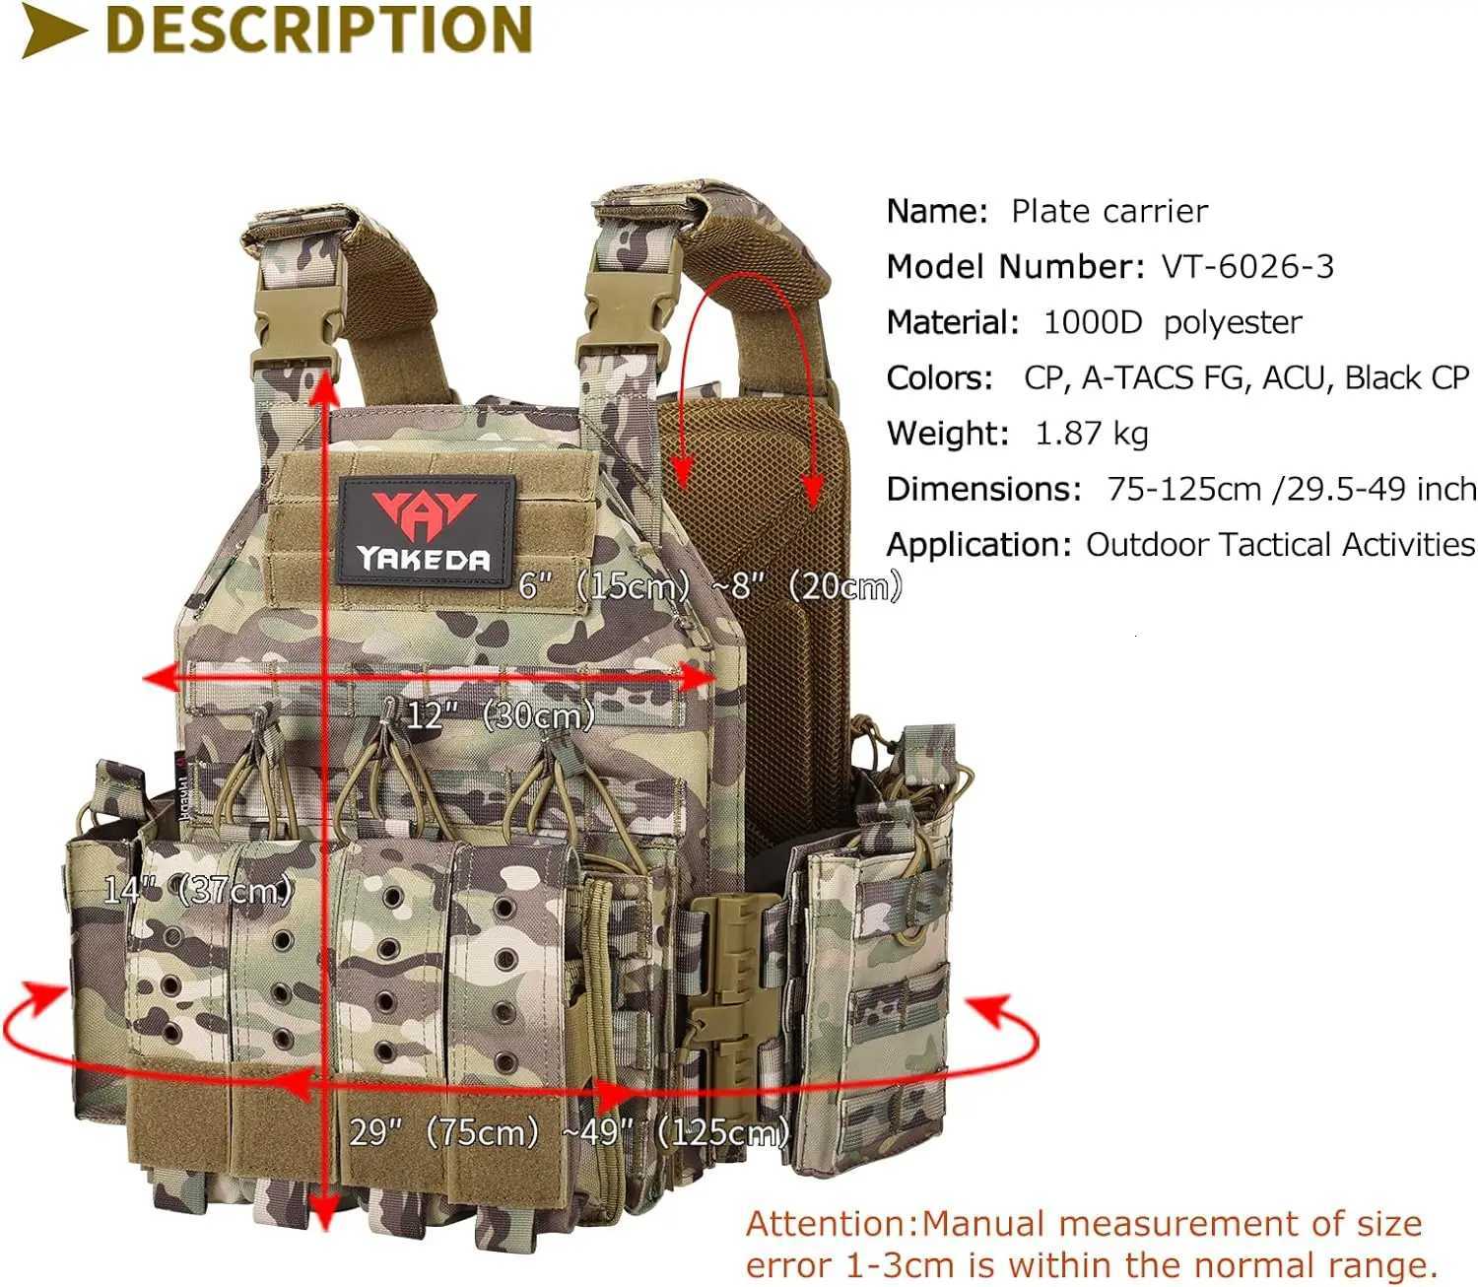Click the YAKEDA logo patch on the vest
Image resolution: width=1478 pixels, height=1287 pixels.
pos(425,530)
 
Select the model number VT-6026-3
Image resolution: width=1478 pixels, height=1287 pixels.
pos(1247,267)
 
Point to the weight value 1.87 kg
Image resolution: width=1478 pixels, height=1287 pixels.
pos(1092,434)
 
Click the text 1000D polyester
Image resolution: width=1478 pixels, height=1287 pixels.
pos(1173,322)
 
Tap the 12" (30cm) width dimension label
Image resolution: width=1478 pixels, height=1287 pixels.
pos(501,714)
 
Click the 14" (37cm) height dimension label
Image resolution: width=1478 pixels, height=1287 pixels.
pos(198,890)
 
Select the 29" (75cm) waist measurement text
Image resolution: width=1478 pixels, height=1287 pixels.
pos(444,1131)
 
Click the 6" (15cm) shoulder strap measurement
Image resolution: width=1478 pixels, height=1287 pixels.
pos(604,586)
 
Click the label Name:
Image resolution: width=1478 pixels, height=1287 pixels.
pos(936,212)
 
